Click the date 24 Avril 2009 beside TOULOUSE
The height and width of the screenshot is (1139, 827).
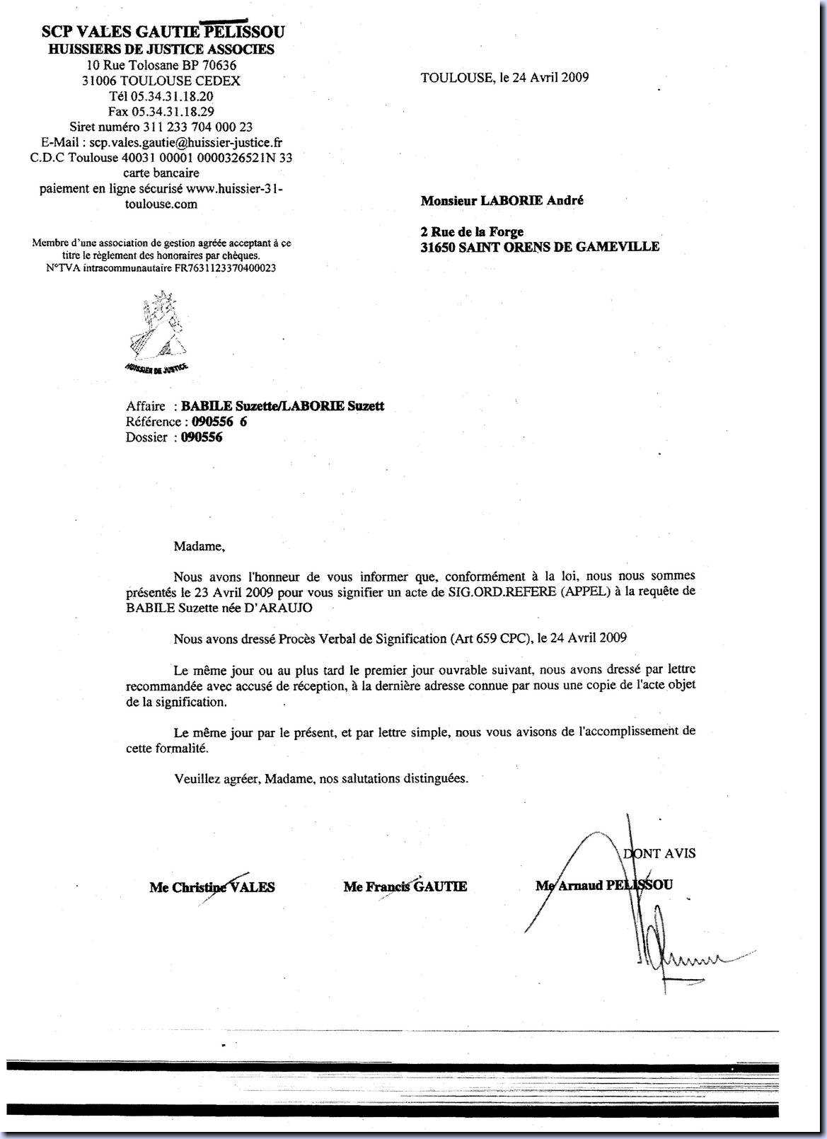[x=544, y=77]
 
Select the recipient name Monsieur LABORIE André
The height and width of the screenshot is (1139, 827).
[x=502, y=200]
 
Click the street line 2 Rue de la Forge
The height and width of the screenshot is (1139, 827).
[x=472, y=231]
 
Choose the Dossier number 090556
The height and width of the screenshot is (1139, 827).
[x=202, y=437]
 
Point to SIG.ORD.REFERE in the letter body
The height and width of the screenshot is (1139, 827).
[x=490, y=592]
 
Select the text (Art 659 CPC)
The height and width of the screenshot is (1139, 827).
[x=490, y=637]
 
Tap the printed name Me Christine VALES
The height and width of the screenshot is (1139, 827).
[x=212, y=887]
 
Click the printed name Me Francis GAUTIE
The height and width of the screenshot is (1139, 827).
[x=405, y=886]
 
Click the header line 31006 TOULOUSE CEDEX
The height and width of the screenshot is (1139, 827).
[x=161, y=81]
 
